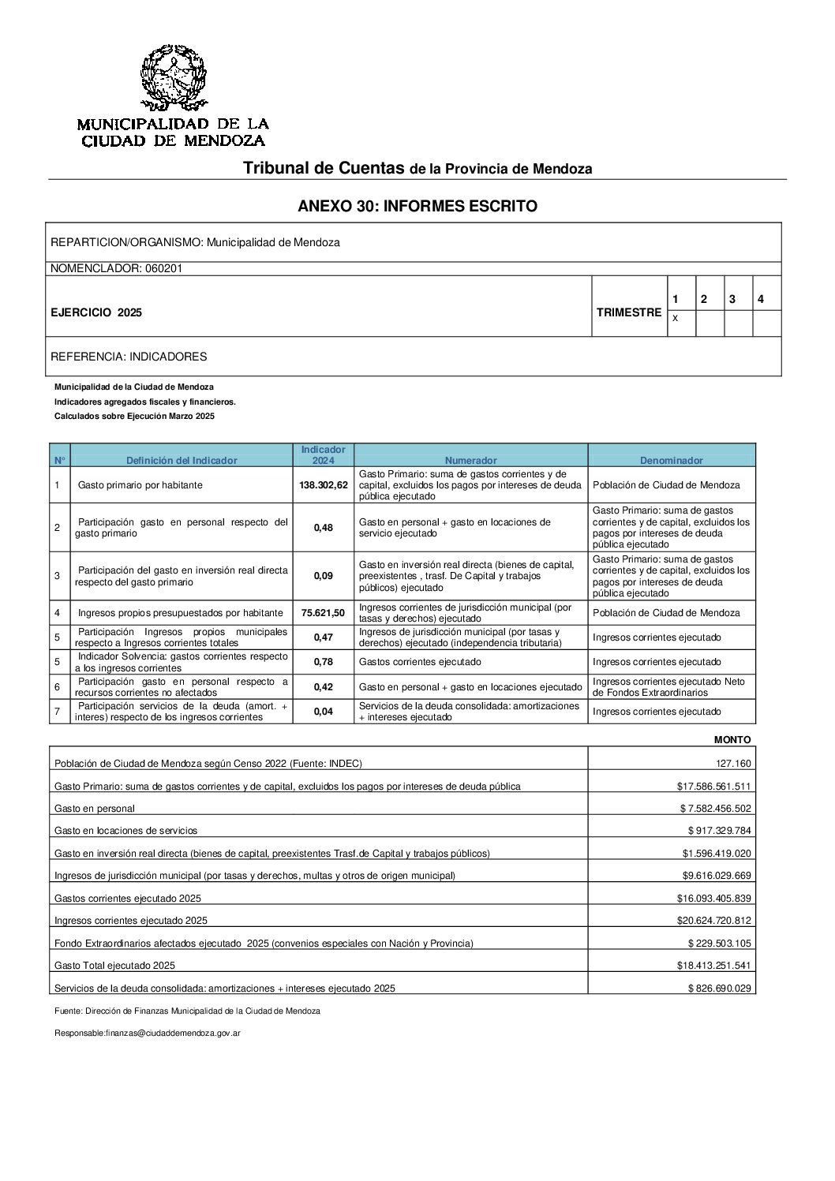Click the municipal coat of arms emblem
173,77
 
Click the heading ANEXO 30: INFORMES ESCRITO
417,207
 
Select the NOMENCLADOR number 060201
163,268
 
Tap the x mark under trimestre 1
675,318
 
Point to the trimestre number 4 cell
760,300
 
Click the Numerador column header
470,460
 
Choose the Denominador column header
671,460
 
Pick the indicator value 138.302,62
324,485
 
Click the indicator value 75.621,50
324,613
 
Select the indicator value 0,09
324,576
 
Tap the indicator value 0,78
324,662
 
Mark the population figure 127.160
734,764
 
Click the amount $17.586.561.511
713,787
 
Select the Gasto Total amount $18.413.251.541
713,966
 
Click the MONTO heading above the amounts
732,740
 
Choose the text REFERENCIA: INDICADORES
129,357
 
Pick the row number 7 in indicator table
58,712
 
